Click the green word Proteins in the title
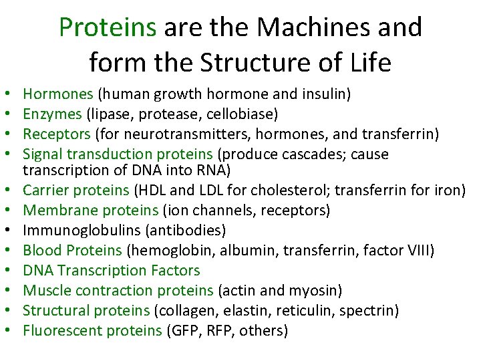[108, 27]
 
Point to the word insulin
[325, 94]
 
